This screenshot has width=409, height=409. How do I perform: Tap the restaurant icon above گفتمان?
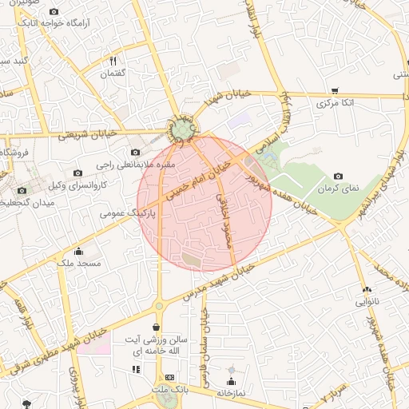click(113, 61)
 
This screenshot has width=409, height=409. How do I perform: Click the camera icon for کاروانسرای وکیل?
click(77, 172)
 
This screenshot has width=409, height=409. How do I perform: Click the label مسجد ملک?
click(77, 262)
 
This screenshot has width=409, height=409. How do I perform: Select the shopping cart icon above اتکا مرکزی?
click(333, 91)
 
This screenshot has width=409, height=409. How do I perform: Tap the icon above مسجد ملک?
click(77, 250)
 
